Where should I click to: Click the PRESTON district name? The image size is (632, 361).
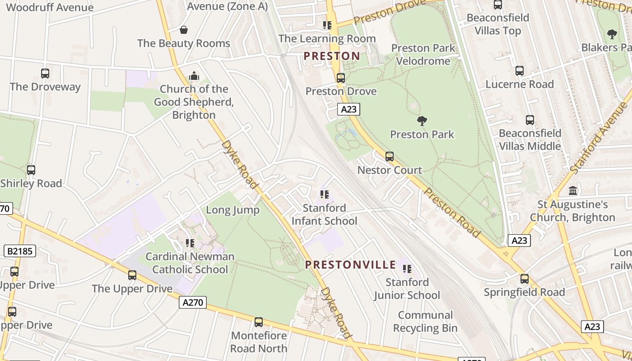(332, 56)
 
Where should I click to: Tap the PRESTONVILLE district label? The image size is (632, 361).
(350, 265)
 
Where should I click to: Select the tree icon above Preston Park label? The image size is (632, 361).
(422, 120)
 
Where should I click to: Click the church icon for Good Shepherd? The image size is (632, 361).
(194, 75)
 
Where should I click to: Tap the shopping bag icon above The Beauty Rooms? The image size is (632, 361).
(184, 30)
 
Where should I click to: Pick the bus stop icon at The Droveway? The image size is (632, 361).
(45, 73)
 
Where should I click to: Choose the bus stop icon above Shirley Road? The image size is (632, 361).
(31, 170)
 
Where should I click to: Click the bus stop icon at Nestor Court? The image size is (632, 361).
(389, 157)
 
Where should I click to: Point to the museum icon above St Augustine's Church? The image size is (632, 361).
(573, 190)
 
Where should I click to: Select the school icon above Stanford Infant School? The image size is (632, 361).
(325, 194)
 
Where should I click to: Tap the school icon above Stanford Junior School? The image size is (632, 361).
(407, 269)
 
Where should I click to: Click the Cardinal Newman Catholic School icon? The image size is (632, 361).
(190, 243)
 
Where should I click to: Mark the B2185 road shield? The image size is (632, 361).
(20, 251)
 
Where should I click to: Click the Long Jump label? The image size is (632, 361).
(232, 210)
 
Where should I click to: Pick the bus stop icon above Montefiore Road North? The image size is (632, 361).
(259, 322)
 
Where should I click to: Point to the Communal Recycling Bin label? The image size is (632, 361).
(425, 321)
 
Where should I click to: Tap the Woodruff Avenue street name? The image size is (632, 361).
(50, 7)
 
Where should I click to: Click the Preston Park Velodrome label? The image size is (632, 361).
(423, 54)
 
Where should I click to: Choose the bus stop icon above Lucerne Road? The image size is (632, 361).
(520, 71)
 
